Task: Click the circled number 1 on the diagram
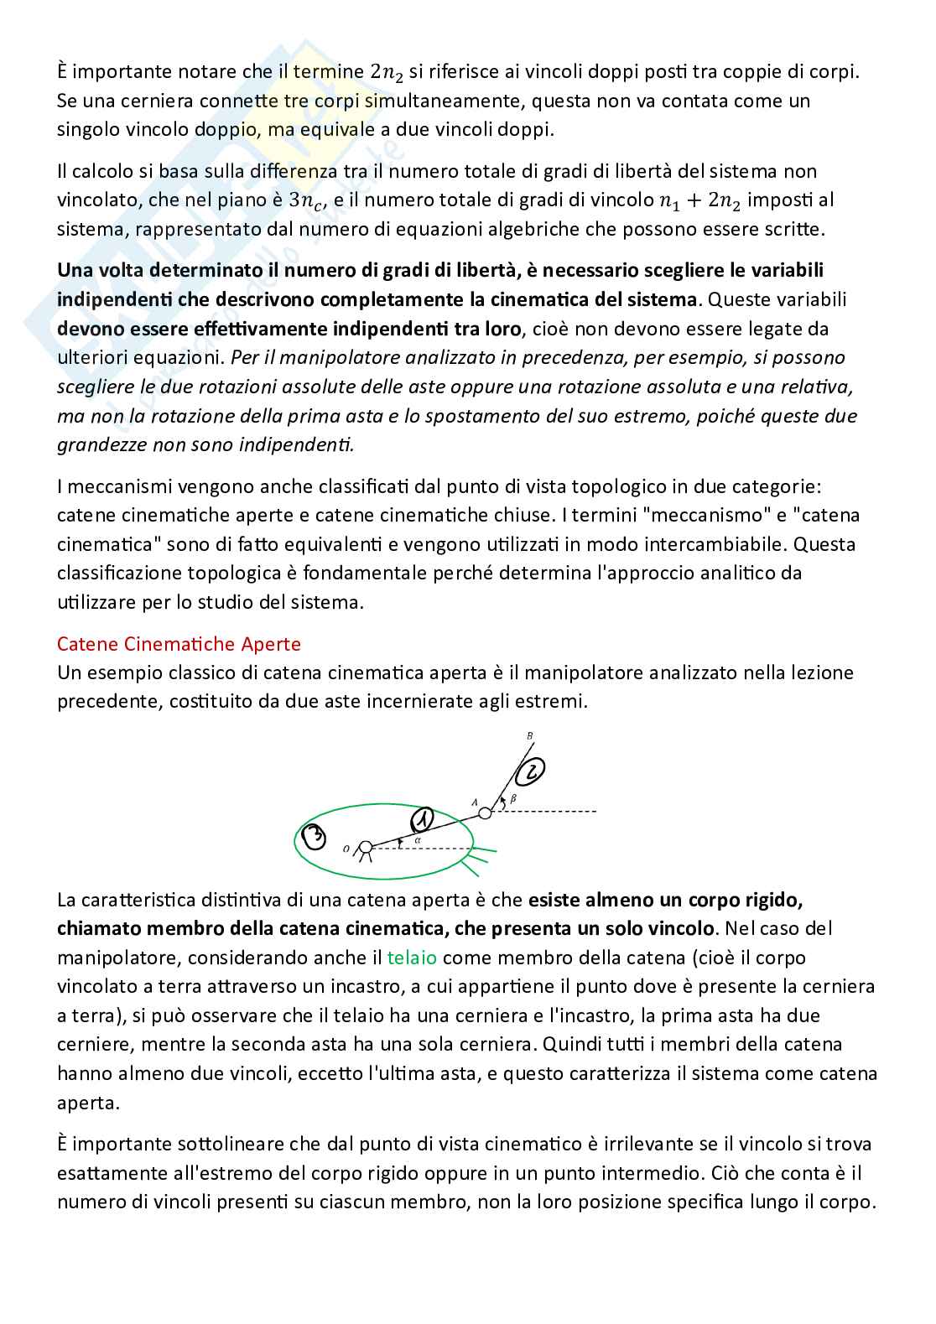[x=424, y=818]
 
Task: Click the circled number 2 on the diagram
[x=532, y=770]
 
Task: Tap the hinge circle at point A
[x=485, y=813]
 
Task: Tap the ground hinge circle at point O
[x=365, y=847]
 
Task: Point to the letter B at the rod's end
[x=529, y=736]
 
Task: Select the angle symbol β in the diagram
[x=513, y=799]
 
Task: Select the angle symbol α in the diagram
[x=417, y=839]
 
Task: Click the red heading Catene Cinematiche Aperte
[x=179, y=644]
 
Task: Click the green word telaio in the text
[x=412, y=958]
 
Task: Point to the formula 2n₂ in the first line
[x=387, y=73]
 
